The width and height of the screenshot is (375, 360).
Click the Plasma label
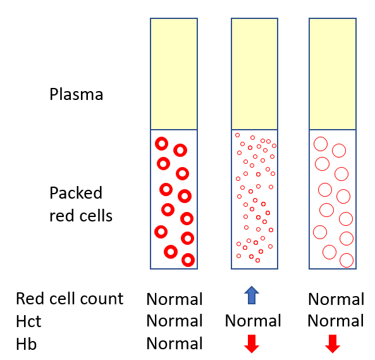click(77, 94)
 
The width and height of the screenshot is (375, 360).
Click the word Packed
click(76, 193)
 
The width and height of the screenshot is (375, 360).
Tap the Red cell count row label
click(70, 299)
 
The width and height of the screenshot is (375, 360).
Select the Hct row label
click(28, 321)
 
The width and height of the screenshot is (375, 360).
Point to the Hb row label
click(27, 344)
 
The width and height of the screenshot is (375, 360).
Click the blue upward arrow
click(252, 295)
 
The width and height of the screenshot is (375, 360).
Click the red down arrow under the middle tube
click(252, 344)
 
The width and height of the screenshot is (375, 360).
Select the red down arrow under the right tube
click(333, 344)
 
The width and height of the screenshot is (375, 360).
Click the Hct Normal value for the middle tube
click(253, 321)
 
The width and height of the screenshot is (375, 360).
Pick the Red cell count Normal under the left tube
click(175, 299)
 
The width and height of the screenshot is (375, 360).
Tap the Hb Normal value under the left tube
click(175, 344)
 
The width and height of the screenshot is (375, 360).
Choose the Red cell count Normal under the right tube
click(336, 299)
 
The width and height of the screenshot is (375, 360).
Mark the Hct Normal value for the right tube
click(336, 321)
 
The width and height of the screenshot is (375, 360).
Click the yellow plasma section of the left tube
click(174, 74)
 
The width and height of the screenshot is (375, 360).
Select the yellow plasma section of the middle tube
click(254, 74)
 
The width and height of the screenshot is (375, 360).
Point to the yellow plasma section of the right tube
click(333, 74)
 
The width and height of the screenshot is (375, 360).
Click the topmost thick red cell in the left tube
click(157, 144)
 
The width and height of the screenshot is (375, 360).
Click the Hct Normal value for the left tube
click(175, 321)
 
